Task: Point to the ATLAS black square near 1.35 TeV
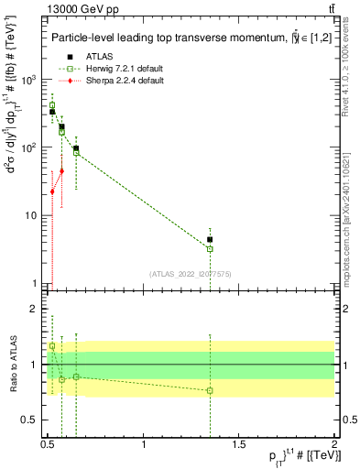pyautogui.click(x=210, y=239)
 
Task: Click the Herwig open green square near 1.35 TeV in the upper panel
pyautogui.click(x=210, y=249)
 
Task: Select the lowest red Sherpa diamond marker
pyautogui.click(x=52, y=191)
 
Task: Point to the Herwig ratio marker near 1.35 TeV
pyautogui.click(x=210, y=390)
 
